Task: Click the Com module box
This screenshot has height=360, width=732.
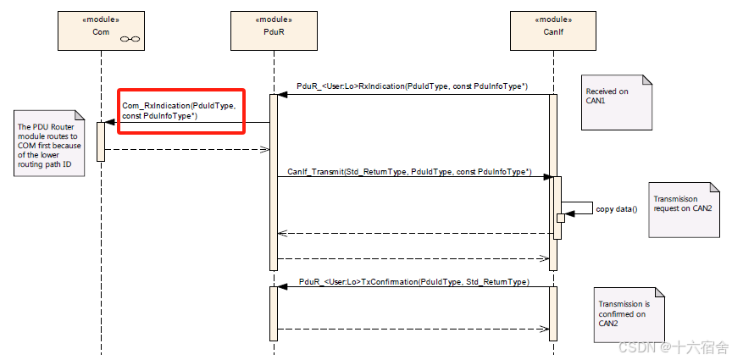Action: [x=101, y=30]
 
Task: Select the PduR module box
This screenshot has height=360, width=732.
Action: [x=274, y=30]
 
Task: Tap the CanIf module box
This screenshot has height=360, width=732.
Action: [x=553, y=30]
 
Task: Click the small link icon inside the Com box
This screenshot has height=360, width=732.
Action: [x=130, y=39]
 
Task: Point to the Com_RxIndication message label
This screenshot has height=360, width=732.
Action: [x=181, y=111]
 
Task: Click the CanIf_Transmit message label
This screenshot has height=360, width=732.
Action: [x=409, y=172]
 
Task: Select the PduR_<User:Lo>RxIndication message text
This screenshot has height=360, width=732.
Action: [x=413, y=86]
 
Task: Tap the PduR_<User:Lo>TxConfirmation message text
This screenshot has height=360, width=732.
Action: [x=414, y=282]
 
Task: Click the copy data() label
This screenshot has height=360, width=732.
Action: [x=617, y=209]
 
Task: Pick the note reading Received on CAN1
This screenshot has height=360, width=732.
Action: [x=616, y=102]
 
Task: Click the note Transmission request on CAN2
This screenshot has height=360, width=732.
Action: [x=684, y=210]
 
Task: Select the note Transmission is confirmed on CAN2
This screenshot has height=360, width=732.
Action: [x=629, y=313]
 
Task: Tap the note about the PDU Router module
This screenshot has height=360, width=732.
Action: [x=49, y=143]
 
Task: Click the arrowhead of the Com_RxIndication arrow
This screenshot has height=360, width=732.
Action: [x=109, y=122]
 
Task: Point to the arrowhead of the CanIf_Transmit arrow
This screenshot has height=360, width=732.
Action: [x=548, y=176]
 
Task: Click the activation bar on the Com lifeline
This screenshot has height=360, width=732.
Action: [x=101, y=142]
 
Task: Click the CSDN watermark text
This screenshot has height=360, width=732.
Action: [x=672, y=347]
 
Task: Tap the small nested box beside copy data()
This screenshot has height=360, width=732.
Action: [x=561, y=218]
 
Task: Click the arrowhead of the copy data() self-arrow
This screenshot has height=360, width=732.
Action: [x=569, y=213]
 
